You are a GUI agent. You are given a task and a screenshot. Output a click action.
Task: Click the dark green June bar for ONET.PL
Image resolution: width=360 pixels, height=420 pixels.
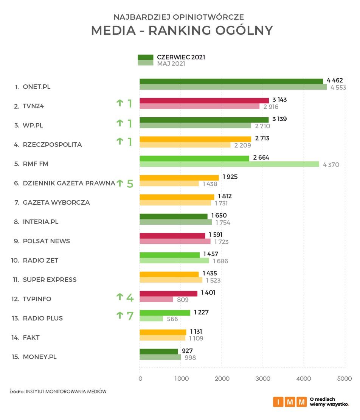point(231,81)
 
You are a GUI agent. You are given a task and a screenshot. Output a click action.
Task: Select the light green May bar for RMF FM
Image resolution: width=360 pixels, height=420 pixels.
point(229,164)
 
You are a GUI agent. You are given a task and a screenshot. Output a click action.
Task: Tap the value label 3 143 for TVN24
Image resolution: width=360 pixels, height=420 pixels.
point(279,100)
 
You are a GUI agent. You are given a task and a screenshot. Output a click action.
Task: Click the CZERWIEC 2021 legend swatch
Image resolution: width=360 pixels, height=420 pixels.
point(145,57)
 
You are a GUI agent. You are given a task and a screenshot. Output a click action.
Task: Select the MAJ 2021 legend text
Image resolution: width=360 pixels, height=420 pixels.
point(171,64)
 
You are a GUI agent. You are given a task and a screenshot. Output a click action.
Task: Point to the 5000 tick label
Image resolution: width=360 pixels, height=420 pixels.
point(344,379)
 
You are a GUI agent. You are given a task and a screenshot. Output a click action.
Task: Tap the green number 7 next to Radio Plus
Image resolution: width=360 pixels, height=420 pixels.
point(130,316)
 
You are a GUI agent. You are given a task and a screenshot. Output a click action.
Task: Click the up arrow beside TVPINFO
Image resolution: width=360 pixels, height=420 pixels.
point(120,297)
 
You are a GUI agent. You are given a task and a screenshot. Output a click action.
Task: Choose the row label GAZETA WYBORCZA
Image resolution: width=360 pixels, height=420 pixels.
point(56,202)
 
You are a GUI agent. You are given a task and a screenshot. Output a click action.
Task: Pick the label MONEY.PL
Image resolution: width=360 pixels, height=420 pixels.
point(40,357)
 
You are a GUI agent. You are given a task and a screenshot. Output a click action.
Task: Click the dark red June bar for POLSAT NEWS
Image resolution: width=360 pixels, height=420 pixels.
point(172,235)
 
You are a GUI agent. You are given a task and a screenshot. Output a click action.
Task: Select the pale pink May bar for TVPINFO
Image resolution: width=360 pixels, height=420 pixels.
point(156,299)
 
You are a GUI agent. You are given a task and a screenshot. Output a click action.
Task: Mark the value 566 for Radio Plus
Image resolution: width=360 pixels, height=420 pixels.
point(172,319)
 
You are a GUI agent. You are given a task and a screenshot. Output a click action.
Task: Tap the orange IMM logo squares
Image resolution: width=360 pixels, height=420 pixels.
point(290,401)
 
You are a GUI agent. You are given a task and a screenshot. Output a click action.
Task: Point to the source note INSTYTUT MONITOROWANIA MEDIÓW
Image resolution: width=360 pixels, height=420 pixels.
point(66,392)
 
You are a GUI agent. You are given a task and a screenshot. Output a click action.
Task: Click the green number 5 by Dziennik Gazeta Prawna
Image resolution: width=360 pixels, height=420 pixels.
point(130,184)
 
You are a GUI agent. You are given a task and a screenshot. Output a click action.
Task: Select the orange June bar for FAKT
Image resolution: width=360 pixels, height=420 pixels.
point(163,332)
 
